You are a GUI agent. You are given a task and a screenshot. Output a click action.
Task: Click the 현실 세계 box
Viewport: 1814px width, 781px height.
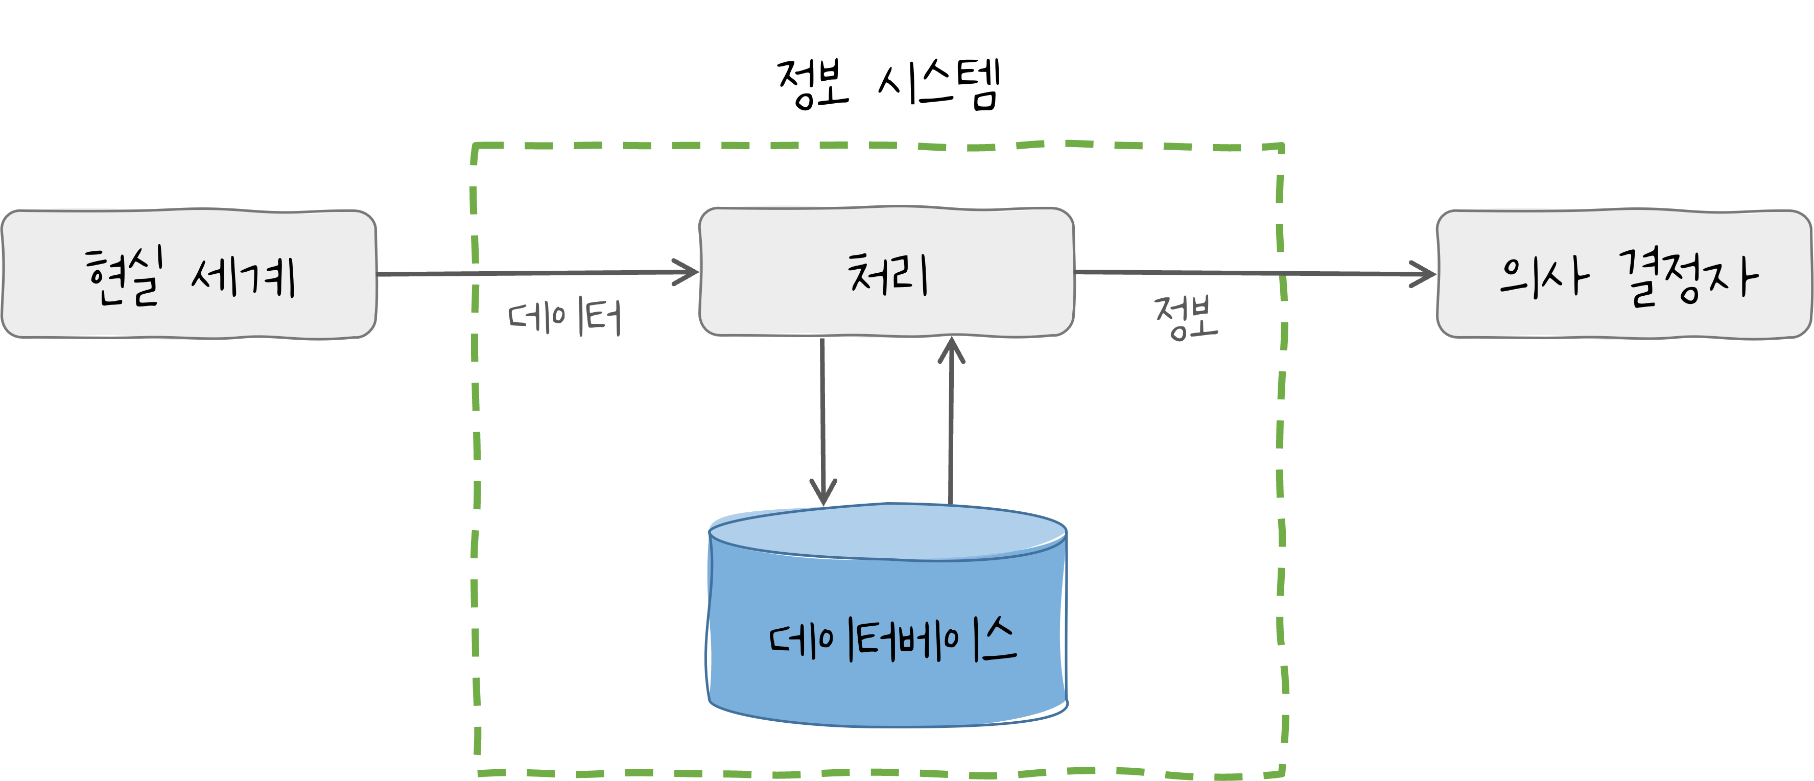click(189, 273)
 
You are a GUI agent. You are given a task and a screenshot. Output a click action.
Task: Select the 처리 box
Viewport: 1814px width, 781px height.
click(886, 272)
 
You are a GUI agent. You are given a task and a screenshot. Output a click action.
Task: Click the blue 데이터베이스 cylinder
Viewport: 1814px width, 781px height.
click(887, 634)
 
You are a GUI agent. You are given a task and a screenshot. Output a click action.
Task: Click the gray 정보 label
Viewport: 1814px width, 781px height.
click(1186, 318)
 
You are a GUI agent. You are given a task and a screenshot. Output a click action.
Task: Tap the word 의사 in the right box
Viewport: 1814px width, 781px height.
click(1543, 276)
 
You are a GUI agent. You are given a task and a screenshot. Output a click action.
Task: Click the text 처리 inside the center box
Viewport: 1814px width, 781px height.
click(887, 273)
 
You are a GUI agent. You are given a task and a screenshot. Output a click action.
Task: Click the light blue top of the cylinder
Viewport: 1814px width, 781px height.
click(887, 532)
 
